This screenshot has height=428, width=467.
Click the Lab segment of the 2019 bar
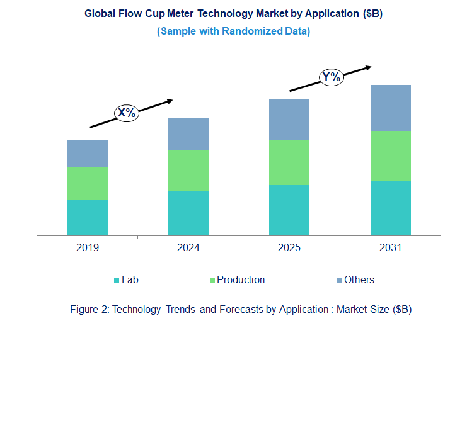click(87, 217)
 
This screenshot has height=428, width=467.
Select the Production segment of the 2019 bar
click(87, 183)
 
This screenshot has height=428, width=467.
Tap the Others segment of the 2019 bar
click(87, 153)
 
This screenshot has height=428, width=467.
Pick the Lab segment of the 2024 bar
click(188, 213)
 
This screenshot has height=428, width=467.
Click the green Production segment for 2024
click(188, 171)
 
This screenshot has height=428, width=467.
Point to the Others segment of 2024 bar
click(188, 134)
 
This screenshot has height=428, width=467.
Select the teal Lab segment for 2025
click(289, 210)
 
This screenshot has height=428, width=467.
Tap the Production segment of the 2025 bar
click(289, 162)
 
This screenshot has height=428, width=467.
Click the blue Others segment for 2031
click(390, 108)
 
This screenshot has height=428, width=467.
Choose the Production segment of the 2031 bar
click(390, 156)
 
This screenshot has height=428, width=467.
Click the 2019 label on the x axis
click(87, 248)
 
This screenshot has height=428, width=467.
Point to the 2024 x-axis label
click(188, 248)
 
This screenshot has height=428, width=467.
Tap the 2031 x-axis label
click(390, 248)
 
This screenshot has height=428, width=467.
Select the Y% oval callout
click(331, 77)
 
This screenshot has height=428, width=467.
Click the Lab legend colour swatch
click(117, 280)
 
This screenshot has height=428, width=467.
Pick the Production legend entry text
click(241, 279)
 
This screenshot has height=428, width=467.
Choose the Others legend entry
click(359, 279)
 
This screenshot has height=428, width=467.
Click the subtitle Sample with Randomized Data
click(233, 31)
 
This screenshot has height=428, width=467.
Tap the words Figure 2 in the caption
click(88, 309)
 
